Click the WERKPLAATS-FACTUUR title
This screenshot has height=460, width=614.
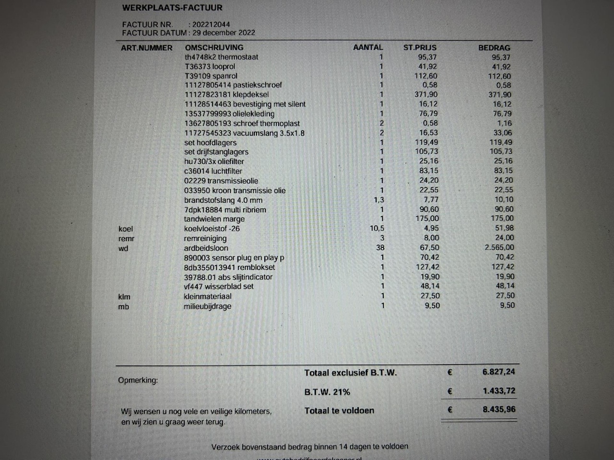(172, 8)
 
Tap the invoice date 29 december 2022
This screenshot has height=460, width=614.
(224, 33)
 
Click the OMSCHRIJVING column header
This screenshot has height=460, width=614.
(214, 47)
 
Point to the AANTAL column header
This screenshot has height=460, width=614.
(368, 47)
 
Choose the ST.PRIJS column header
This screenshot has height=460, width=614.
(420, 47)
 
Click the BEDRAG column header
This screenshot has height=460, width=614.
(494, 47)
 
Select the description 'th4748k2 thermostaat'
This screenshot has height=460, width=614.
(221, 57)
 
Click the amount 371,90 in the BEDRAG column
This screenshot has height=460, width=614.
(500, 95)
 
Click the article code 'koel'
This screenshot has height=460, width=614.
(126, 229)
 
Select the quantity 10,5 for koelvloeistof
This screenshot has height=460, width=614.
(377, 229)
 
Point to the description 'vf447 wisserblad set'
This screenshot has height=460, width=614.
(219, 287)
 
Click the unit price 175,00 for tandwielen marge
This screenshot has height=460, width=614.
(427, 219)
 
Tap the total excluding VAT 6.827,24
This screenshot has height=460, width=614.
(499, 372)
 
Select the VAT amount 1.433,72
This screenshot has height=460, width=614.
(499, 391)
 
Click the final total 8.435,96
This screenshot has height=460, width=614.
(499, 410)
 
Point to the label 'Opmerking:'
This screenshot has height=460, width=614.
(138, 380)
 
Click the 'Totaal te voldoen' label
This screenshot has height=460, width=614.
(339, 411)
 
